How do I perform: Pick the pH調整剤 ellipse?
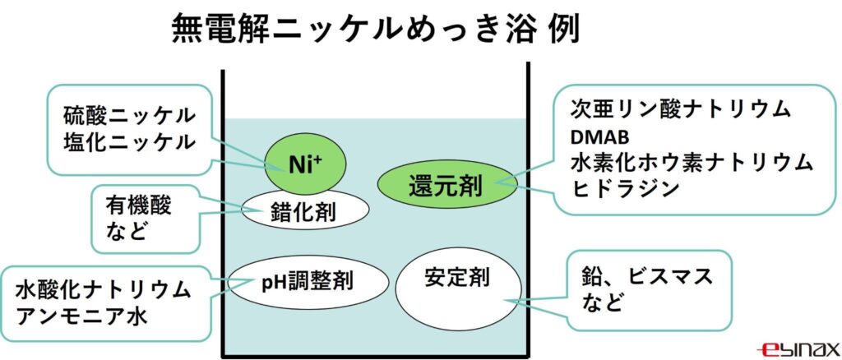[x=308, y=282]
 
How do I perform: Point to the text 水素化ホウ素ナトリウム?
[x=692, y=161]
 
